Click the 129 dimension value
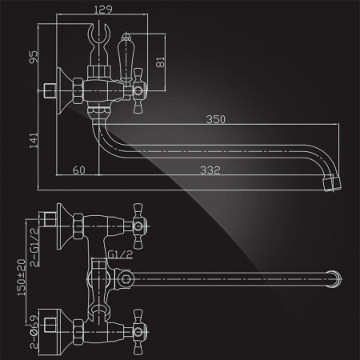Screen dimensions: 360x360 (x=103, y=10)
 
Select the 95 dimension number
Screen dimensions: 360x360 (x=34, y=57)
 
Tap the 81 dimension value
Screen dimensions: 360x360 (x=160, y=62)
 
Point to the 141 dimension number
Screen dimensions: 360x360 (x=34, y=141)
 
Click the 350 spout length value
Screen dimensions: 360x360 (x=216, y=119)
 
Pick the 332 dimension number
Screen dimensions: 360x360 (x=210, y=170)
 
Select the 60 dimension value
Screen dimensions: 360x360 (x=79, y=170)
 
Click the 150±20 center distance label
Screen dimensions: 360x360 (x=22, y=278)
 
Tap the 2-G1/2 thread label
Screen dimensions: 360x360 (x=34, y=247)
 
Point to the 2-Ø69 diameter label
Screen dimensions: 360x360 (x=34, y=332)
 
